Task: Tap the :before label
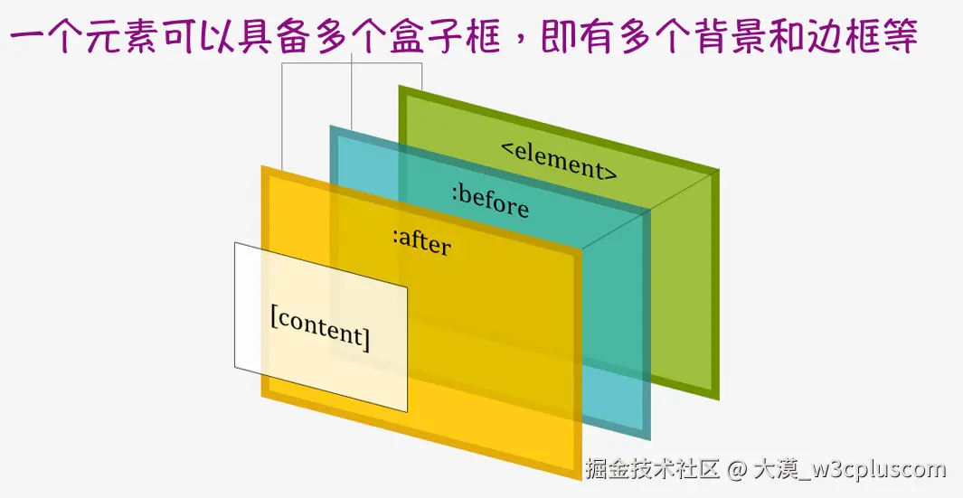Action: (x=489, y=201)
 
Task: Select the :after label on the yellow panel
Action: (x=421, y=241)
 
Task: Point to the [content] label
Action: (x=320, y=327)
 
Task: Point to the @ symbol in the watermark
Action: (x=736, y=469)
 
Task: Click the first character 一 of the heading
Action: (x=27, y=39)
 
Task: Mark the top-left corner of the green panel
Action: (x=400, y=87)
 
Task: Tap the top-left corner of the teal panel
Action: (x=330, y=126)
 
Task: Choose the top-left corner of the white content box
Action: (x=235, y=243)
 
